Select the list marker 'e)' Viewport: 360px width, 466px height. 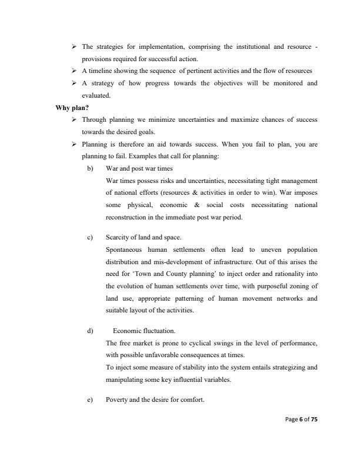(x=89, y=400)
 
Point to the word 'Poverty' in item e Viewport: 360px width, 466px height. (x=117, y=400)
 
